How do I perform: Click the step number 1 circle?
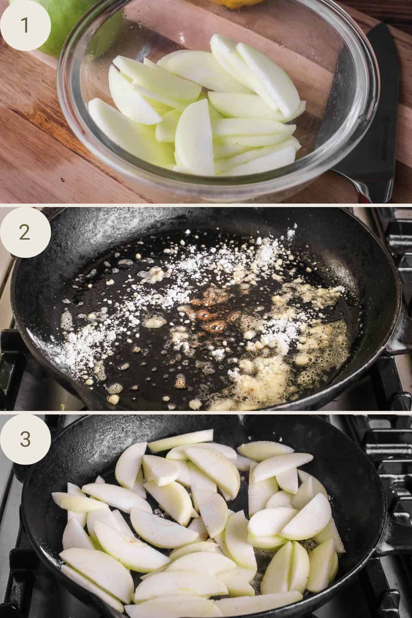tap(26, 26)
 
